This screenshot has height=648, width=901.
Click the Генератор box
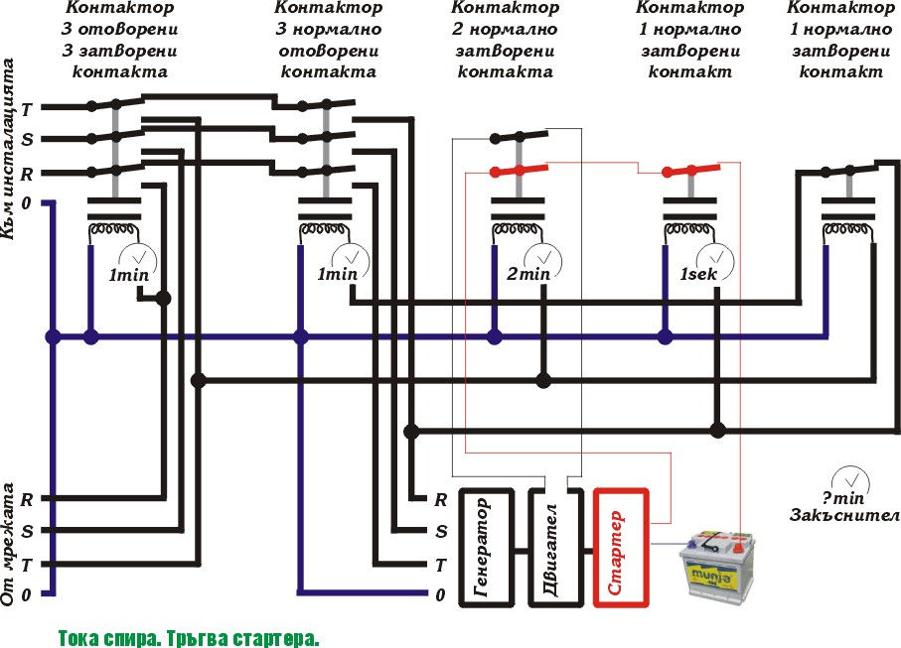(x=486, y=548)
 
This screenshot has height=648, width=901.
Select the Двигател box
(x=556, y=548)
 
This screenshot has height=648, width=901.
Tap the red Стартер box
(x=621, y=548)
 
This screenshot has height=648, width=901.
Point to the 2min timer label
(x=528, y=274)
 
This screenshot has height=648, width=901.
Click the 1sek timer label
(x=698, y=274)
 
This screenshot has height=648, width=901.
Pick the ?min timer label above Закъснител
(x=843, y=497)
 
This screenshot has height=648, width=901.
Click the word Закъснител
(x=844, y=515)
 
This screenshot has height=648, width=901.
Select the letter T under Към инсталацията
(x=27, y=109)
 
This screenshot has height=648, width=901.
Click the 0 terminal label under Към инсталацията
(x=26, y=203)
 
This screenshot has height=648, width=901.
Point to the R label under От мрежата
(x=27, y=499)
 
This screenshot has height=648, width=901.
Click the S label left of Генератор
(x=441, y=532)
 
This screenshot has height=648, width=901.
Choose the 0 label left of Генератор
(x=440, y=595)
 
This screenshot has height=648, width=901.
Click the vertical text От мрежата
(x=8, y=544)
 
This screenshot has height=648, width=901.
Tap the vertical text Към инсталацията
(x=8, y=149)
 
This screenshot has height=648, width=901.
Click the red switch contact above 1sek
(x=690, y=170)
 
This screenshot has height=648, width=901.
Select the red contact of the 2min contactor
(x=519, y=170)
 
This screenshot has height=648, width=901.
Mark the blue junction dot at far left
(x=53, y=337)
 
